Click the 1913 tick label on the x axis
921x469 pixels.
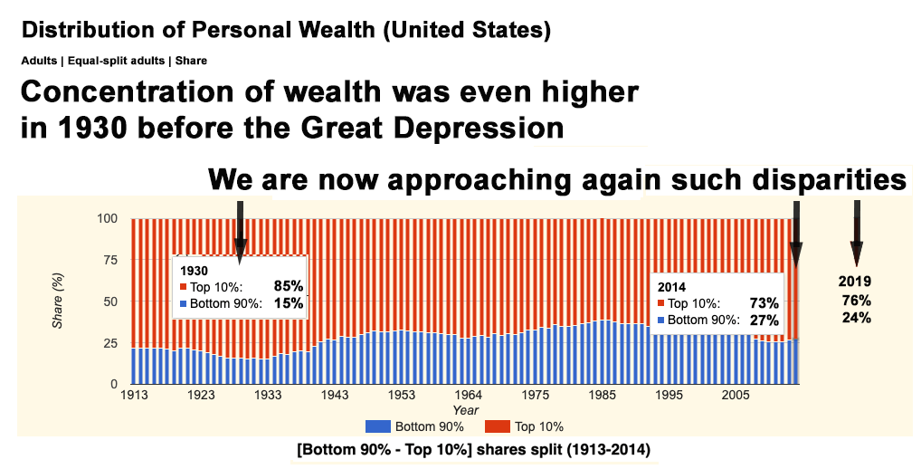click(x=134, y=396)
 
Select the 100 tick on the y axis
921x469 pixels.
click(x=108, y=218)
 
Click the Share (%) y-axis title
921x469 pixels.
click(x=57, y=301)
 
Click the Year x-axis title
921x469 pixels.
click(x=466, y=410)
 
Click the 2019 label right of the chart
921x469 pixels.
click(x=855, y=282)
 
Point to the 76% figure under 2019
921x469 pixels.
click(x=855, y=300)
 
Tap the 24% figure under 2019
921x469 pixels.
click(x=855, y=317)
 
